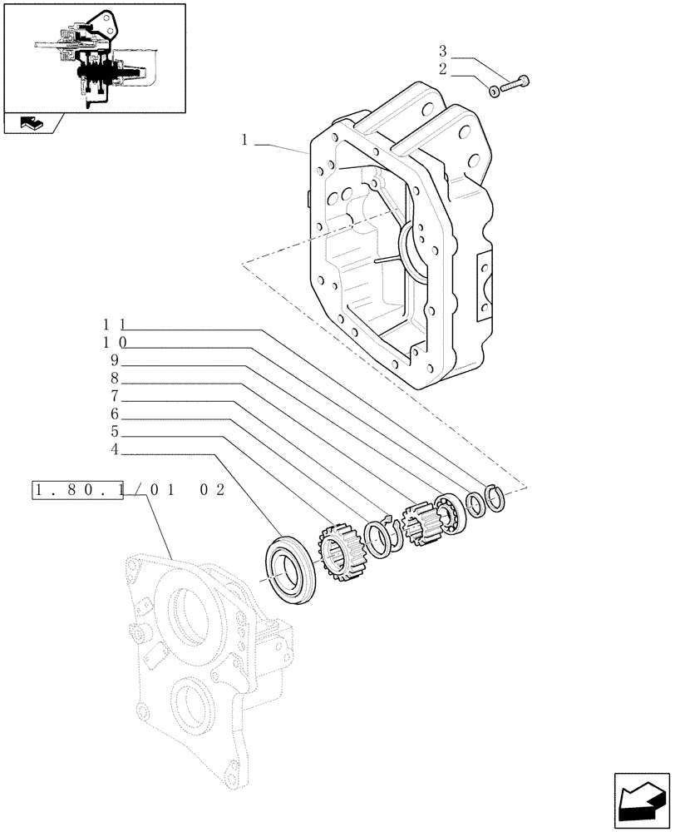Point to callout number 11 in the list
[115, 324]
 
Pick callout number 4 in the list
[115, 452]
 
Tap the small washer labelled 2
[495, 90]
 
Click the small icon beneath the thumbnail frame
[31, 126]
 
